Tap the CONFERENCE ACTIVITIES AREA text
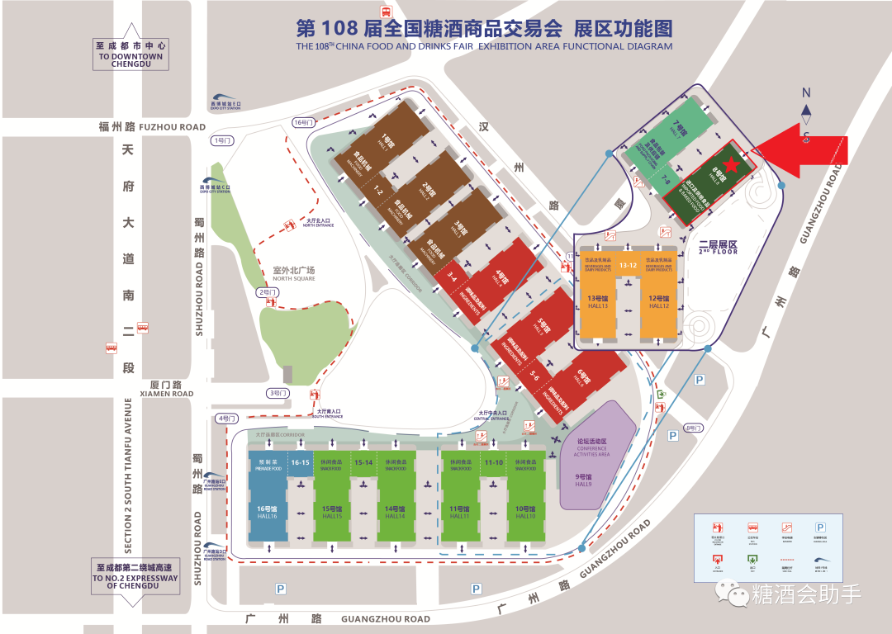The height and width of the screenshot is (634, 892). click(x=591, y=451)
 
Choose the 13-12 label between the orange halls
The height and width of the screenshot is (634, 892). click(x=629, y=265)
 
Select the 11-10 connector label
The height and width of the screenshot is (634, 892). click(x=494, y=462)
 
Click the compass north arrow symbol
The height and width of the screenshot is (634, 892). click(x=807, y=110)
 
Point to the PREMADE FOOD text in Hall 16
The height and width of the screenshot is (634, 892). click(x=268, y=468)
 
